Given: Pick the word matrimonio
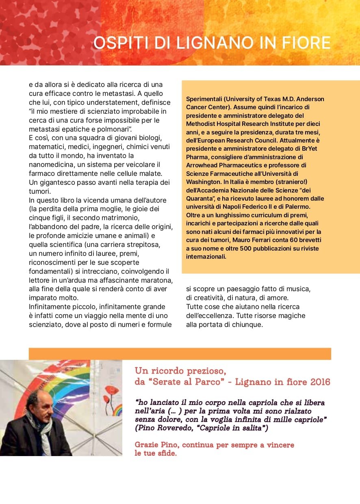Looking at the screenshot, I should pos(143,218).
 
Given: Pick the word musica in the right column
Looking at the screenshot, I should pos(300,289).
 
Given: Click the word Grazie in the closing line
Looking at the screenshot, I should pos(146,445).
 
